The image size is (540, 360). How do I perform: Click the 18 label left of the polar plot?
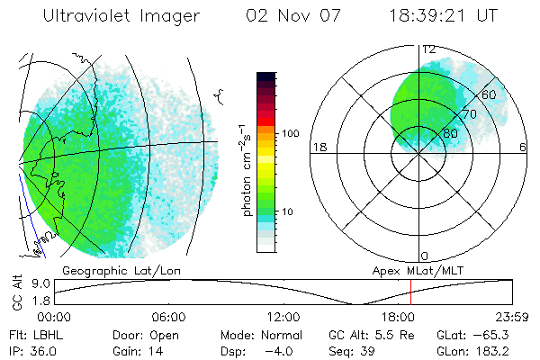pos(318,147)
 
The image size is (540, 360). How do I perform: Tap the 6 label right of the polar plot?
pos(523,147)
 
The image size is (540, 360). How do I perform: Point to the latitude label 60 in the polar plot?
pos(490,94)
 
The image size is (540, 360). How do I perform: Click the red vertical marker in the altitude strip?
pos(410,292)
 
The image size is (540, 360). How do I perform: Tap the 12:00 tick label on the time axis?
pos(283,317)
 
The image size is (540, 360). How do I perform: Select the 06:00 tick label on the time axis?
pos(168,317)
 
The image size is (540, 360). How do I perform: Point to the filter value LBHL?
pos(46,334)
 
